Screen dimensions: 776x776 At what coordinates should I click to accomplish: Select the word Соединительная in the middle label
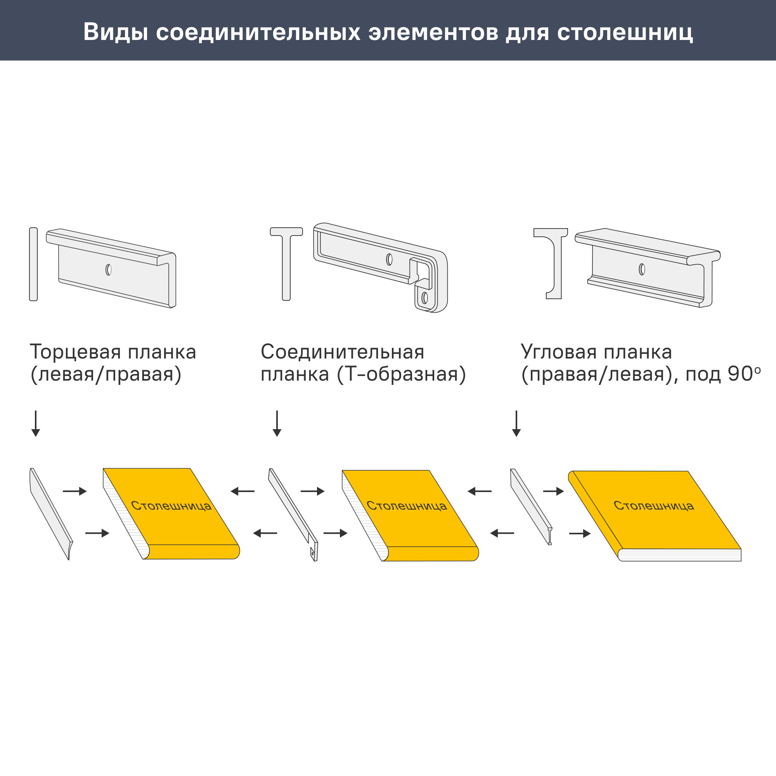(x=342, y=352)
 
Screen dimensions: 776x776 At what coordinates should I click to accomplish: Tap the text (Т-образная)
(x=401, y=374)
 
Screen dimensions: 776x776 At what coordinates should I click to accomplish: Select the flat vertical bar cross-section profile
(x=33, y=264)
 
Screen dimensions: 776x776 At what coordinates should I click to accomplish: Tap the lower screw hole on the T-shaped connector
(x=424, y=298)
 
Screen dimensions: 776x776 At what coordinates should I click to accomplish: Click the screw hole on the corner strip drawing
(x=642, y=269)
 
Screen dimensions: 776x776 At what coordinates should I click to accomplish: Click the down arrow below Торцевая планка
(x=36, y=423)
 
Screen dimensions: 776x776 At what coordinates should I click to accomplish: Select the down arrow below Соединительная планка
(x=277, y=423)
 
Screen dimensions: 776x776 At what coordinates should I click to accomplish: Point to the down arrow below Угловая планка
(x=516, y=423)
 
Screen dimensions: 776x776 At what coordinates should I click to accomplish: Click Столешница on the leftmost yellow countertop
(x=171, y=506)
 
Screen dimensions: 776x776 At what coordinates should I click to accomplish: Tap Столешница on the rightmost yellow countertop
(x=653, y=506)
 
